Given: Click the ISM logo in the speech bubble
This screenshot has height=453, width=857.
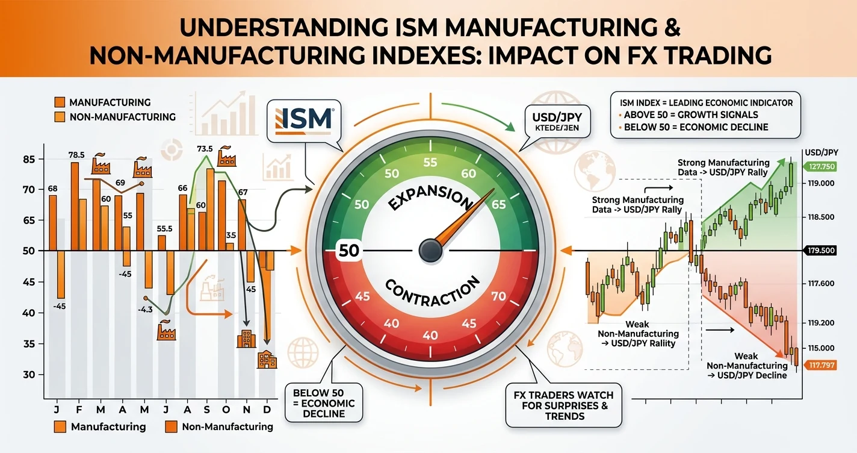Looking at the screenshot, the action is click(303, 120).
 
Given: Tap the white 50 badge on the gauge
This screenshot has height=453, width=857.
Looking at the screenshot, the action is click(348, 251).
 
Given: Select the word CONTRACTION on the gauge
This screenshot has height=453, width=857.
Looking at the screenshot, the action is click(432, 291).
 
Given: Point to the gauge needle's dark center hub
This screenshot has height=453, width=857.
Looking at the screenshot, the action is click(431, 251).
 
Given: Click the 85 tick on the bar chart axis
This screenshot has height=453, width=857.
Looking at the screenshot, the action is click(29, 159).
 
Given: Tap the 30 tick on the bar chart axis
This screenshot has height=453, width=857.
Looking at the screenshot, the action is click(29, 375).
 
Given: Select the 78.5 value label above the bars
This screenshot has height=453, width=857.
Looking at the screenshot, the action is click(76, 155).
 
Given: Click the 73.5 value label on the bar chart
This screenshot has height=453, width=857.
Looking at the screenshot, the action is click(205, 149).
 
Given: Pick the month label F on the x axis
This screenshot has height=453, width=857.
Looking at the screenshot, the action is click(79, 410).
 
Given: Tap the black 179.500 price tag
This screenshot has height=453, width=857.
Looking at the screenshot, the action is click(820, 251).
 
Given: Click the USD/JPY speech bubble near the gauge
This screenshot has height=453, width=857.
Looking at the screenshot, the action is click(557, 122).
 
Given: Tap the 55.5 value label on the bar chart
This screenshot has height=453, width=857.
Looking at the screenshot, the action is click(164, 229).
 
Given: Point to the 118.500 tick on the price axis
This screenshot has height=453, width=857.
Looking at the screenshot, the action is click(821, 217).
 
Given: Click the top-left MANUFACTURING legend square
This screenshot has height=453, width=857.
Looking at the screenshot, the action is click(60, 102).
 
